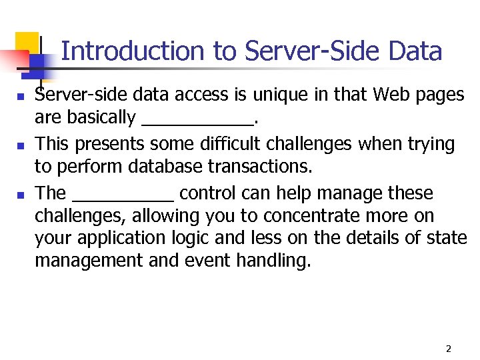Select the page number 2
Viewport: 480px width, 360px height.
448,349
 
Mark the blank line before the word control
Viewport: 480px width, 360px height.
122,198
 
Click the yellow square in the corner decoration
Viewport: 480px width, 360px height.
27,43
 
